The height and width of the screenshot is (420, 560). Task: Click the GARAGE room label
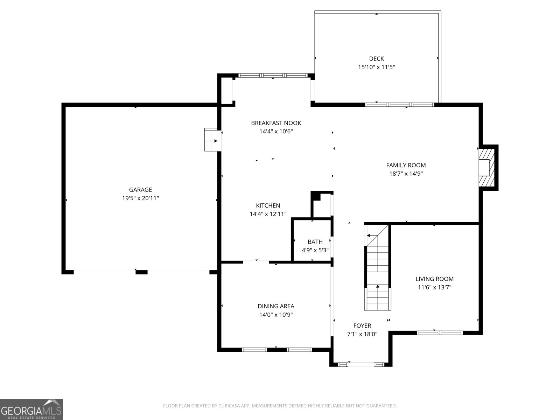pos(140,190)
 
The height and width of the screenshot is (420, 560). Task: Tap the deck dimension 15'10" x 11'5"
pos(376,67)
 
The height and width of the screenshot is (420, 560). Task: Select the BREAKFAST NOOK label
pos(276,123)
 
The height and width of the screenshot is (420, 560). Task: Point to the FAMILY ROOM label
pos(406,165)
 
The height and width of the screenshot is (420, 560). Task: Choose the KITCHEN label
pos(268,205)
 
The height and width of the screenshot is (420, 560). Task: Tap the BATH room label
pos(315,241)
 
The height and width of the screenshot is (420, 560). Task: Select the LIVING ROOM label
pos(434,279)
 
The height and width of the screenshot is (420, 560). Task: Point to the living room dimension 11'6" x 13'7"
pos(434,287)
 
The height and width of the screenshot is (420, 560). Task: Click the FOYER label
pos(362,325)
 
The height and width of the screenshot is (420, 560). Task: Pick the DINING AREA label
pos(276,306)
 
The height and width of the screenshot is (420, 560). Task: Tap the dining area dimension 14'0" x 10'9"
pos(276,315)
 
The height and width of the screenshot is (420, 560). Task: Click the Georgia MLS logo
pos(31,409)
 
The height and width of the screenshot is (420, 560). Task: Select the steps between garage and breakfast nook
pos(211,140)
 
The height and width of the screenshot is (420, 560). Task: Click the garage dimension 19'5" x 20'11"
pos(140,198)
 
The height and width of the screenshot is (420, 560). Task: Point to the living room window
pos(440,332)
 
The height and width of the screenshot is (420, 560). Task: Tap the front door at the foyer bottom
pos(361,364)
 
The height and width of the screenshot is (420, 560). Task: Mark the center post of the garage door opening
pos(141,272)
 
